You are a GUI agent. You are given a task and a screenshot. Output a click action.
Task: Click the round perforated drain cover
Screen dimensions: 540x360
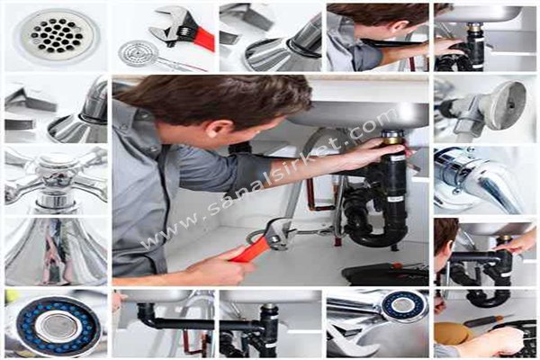[57, 34]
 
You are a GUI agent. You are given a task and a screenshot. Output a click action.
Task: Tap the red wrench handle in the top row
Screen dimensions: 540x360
[204, 39]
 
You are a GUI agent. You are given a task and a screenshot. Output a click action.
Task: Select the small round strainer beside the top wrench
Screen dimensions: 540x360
[138, 54]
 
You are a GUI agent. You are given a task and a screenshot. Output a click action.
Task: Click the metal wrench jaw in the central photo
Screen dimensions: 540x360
[278, 234]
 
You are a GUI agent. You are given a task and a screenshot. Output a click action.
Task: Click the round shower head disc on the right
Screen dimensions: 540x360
[508, 105]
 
